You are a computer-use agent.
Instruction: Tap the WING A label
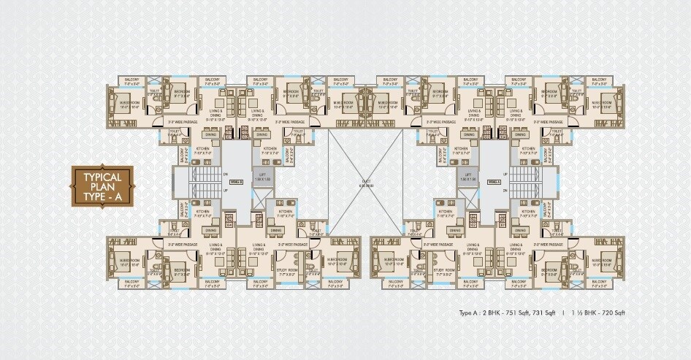493,180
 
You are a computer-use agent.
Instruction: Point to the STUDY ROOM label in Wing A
443,270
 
